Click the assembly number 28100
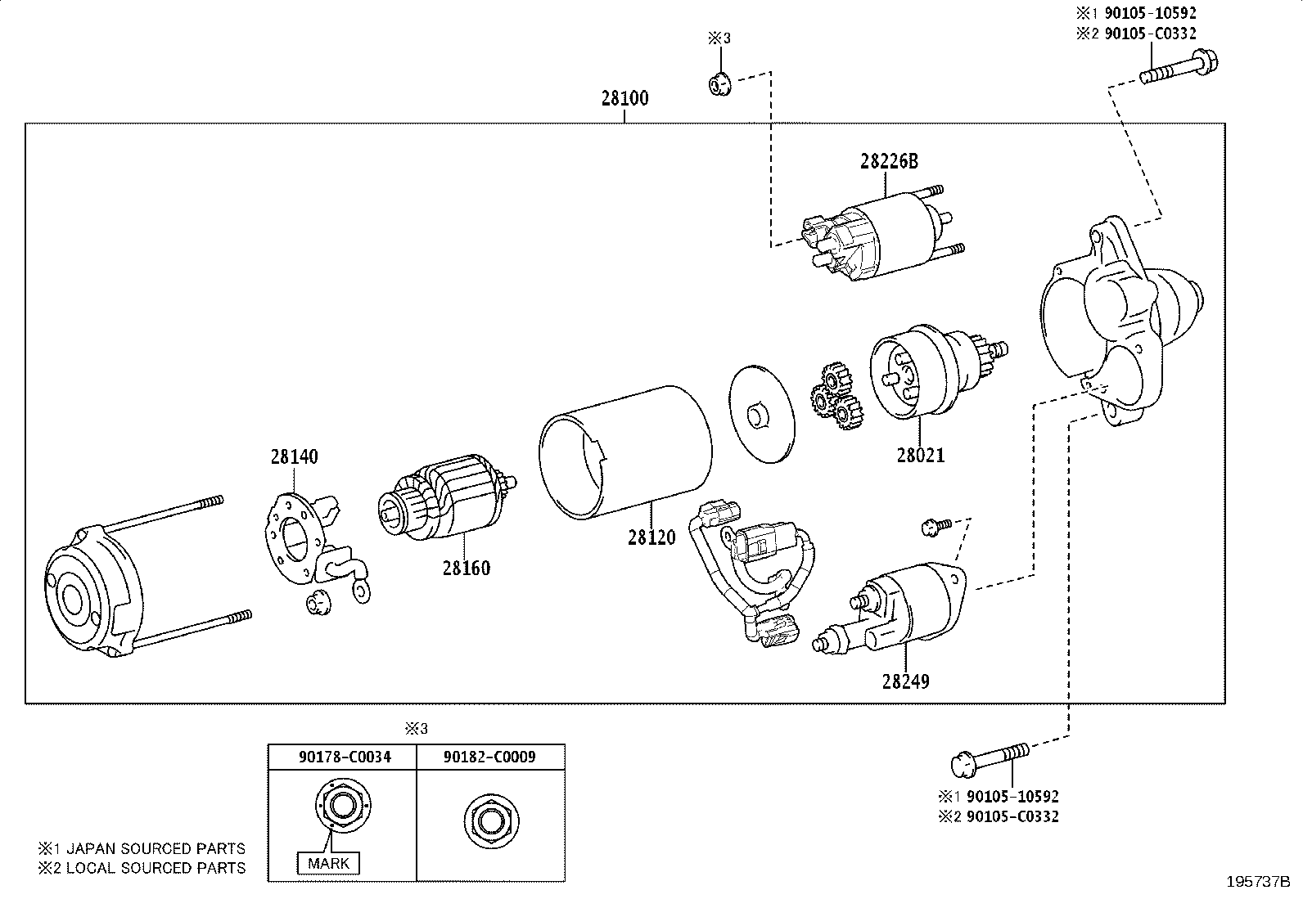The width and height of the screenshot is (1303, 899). [x=624, y=98]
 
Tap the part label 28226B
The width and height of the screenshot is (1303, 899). [x=889, y=161]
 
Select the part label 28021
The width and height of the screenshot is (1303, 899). [x=920, y=455]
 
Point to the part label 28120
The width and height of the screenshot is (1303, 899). [x=651, y=537]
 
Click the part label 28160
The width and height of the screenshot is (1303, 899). [x=466, y=568]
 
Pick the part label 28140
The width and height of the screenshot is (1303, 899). [x=295, y=456]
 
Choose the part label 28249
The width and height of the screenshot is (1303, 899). [x=906, y=681]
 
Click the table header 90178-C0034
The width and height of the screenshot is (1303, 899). [x=345, y=757]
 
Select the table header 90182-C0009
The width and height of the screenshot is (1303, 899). [x=489, y=757]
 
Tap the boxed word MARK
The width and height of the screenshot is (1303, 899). [x=329, y=863]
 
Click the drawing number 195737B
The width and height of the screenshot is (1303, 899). [x=1258, y=882]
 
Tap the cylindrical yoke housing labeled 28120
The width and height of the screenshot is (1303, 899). [x=625, y=452]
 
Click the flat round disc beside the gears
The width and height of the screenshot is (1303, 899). [x=761, y=414]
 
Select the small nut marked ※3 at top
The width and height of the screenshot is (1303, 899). [x=719, y=84]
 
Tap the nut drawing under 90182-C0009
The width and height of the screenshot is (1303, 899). [x=491, y=821]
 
